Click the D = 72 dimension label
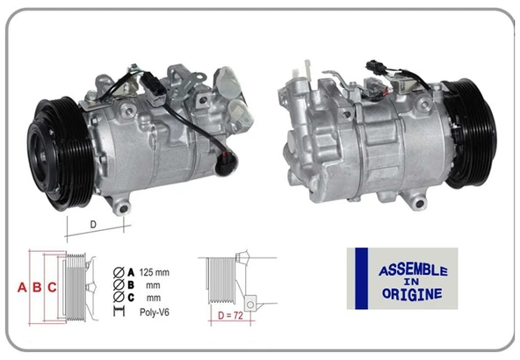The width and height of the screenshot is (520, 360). [231, 313]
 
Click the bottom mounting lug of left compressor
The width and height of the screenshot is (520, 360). [124, 207]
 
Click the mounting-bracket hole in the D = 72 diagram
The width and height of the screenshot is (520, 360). [251, 305]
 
